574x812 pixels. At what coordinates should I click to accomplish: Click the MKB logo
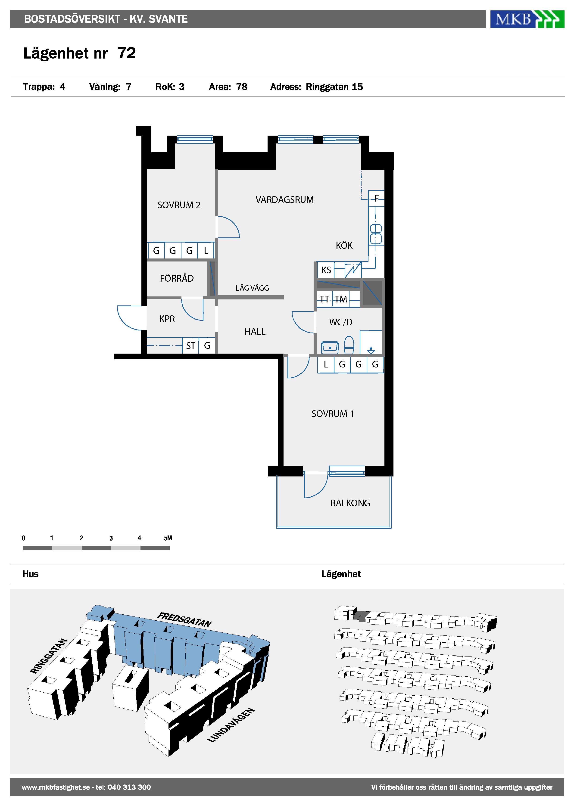pyautogui.click(x=527, y=19)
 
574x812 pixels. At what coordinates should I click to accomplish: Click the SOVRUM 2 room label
pyautogui.click(x=179, y=205)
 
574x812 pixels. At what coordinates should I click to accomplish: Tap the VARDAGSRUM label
pyautogui.click(x=285, y=200)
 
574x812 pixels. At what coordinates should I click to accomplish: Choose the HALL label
pyautogui.click(x=255, y=331)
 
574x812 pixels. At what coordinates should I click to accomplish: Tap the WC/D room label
pyautogui.click(x=341, y=322)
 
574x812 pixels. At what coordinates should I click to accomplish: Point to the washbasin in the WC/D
pyautogui.click(x=330, y=348)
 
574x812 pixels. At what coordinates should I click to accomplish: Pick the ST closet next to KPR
pyautogui.click(x=191, y=345)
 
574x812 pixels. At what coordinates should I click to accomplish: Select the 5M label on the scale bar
pyautogui.click(x=168, y=538)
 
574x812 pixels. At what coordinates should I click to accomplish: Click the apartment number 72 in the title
pyautogui.click(x=127, y=53)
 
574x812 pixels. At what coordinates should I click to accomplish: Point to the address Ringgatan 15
pyautogui.click(x=334, y=87)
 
